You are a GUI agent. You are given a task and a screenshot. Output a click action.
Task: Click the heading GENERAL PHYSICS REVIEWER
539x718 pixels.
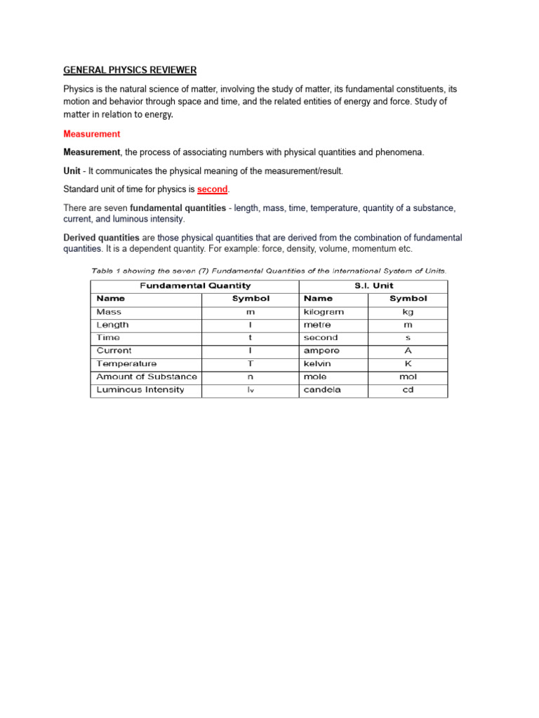pos(130,70)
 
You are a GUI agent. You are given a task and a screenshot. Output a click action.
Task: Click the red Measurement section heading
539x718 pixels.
pos(92,134)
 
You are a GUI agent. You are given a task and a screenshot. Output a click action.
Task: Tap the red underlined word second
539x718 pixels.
pos(213,189)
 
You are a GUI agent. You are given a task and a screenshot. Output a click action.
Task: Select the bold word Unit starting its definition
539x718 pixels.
pos(73,171)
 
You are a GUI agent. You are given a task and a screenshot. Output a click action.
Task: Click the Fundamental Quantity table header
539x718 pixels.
pos(194,285)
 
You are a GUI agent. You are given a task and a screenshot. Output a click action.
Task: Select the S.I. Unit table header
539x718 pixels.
pos(373,285)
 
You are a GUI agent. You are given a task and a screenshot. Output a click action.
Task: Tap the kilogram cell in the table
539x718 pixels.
pos(324,312)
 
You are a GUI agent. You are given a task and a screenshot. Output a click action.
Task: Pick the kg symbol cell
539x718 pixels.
pos(408,312)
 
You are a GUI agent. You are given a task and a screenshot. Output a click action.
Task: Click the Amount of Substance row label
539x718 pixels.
pos(147,377)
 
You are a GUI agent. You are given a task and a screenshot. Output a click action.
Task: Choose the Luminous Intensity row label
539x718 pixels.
pos(140,390)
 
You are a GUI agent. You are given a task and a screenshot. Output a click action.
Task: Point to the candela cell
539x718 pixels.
pos(322,390)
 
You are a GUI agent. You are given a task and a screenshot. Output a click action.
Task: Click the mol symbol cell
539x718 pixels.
pos(408,377)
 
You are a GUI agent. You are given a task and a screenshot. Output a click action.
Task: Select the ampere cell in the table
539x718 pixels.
pos(321,351)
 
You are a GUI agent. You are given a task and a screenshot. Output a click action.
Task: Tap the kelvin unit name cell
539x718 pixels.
pos(318,364)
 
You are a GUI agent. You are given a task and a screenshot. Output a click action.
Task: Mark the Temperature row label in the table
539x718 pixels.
pos(126,364)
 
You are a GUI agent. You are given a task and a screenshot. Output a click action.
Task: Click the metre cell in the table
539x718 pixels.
pos(317,325)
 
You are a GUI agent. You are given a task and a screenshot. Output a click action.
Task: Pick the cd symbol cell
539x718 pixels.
pos(408,390)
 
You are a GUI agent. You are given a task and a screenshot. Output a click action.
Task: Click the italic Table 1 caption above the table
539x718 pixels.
pos(269,270)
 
